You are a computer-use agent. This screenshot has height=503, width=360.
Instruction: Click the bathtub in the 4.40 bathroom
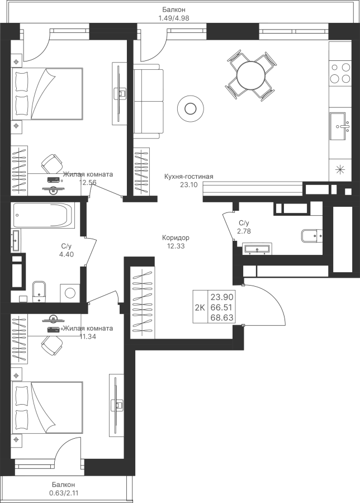click(x=42, y=215)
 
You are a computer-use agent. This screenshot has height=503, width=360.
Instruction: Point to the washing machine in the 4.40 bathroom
click(x=70, y=292)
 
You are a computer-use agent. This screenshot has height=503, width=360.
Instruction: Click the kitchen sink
click(x=338, y=126)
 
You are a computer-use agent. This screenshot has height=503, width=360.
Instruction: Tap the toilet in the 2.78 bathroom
click(x=310, y=236)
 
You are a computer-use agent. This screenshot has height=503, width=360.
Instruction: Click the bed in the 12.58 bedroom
click(x=48, y=93)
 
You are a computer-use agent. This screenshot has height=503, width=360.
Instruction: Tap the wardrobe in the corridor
click(x=143, y=302)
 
